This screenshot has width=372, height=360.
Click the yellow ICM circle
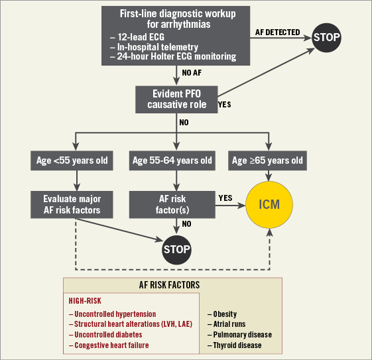click(x=269, y=205)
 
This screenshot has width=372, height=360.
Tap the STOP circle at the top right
click(x=326, y=38)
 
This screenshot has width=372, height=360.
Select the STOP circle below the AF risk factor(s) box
click(x=176, y=250)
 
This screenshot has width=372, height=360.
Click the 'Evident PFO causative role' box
click(x=176, y=99)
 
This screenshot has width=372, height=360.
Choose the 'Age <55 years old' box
click(x=72, y=160)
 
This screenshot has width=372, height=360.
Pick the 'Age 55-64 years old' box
click(x=172, y=160)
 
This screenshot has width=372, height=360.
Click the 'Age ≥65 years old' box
click(x=267, y=160)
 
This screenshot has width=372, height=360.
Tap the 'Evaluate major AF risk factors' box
click(x=72, y=204)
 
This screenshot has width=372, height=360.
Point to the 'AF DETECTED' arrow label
click(x=277, y=32)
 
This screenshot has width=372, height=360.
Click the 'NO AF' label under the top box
click(x=192, y=73)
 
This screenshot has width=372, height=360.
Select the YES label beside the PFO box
click(x=224, y=105)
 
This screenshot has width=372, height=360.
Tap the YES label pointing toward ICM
click(x=225, y=198)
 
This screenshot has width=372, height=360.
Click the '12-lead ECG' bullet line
click(x=137, y=37)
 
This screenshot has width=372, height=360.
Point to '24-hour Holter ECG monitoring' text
click(x=173, y=56)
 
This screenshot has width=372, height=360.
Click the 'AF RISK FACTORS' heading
click(x=169, y=285)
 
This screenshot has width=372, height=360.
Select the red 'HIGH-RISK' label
click(x=85, y=301)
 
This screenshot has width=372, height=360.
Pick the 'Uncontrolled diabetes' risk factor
click(x=105, y=335)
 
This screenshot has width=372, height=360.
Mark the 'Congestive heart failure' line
click(x=109, y=345)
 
